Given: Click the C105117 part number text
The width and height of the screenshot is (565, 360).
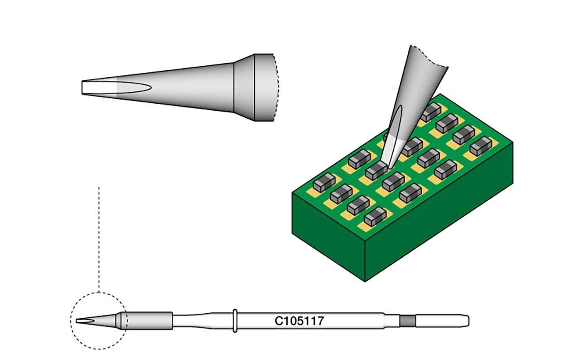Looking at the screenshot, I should point(299,321).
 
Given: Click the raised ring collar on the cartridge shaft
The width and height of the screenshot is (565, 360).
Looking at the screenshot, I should point(235,320).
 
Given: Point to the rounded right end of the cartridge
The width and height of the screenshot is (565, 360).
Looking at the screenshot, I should point(466,321).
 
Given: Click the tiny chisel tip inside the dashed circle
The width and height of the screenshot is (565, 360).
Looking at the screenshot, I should point(82,321).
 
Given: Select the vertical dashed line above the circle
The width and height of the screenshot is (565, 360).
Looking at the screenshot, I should point(99,238).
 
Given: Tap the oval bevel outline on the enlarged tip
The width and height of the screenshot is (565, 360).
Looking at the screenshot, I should point(132,87).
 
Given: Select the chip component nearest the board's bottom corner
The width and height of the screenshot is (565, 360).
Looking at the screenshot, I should point(375,217).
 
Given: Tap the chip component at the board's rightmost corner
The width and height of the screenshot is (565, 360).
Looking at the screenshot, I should point(481,146).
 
